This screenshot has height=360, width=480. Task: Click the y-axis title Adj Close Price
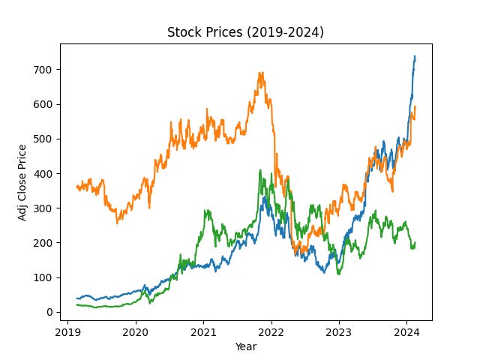23,181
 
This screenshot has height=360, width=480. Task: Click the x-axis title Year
245,346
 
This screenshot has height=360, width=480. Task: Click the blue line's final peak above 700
415,56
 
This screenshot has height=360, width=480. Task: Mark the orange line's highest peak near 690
260,73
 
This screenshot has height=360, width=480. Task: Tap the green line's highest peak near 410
260,170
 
